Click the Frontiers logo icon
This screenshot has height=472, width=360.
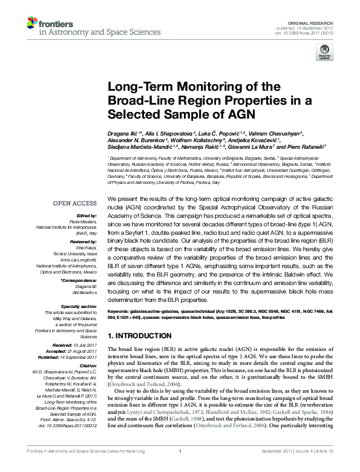tap(31, 24)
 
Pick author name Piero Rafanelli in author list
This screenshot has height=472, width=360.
tap(307, 146)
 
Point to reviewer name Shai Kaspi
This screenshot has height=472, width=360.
tap(87, 247)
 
